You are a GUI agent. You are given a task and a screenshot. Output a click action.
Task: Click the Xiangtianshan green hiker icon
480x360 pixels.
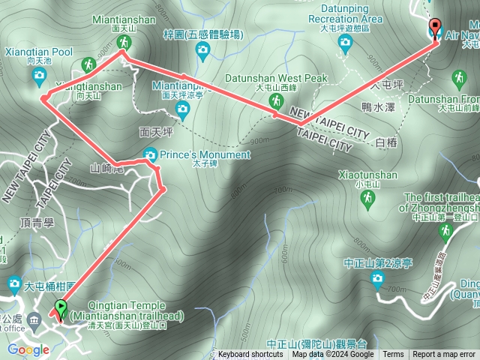(x=89, y=65)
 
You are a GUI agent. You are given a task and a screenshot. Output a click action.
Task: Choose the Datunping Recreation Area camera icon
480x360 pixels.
(x=345, y=43)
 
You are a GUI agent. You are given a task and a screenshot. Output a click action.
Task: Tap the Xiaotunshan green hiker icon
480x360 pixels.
(x=367, y=198)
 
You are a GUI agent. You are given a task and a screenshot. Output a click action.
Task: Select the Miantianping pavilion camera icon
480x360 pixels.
(x=181, y=110)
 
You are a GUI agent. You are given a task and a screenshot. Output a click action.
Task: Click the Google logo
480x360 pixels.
(x=28, y=349)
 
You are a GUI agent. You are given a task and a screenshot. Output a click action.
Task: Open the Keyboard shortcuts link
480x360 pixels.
(x=250, y=355)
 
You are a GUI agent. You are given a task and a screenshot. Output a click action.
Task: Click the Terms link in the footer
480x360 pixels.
(x=393, y=355)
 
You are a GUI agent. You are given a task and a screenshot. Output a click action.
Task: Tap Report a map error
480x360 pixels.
(x=444, y=355)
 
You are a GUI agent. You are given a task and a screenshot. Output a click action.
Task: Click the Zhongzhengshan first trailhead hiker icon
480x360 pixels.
(x=445, y=231)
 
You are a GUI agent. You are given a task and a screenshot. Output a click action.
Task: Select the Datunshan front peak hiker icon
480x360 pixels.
(x=457, y=78)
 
